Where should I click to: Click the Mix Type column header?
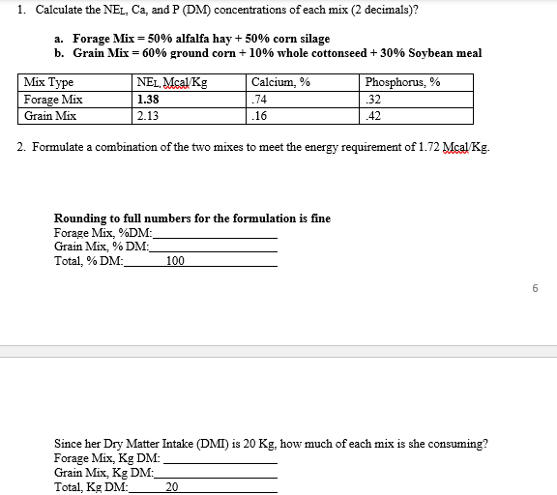tap(48, 83)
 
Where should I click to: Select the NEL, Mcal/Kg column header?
tap(172, 83)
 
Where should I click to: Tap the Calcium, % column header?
tap(280, 83)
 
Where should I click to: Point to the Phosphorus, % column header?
tap(403, 83)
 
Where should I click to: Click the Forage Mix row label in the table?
tap(53, 100)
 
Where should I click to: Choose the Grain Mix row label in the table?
tap(49, 116)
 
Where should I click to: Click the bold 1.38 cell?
tap(149, 100)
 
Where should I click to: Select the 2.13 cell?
tap(149, 116)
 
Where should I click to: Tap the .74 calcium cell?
tap(258, 100)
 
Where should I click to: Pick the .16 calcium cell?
tap(258, 116)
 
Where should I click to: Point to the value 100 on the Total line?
tap(175, 261)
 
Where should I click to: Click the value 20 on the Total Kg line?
tap(172, 487)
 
